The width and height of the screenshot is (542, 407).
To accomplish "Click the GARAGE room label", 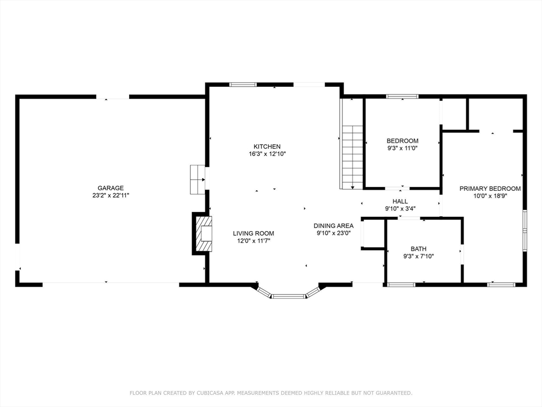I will coord(110,188).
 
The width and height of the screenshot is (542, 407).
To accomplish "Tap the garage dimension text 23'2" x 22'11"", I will coord(110,195).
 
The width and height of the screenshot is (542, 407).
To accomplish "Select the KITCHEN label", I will coord(267,146).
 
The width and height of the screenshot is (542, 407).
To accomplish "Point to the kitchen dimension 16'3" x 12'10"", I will coord(267,154).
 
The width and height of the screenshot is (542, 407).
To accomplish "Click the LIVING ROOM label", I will coord(254,233).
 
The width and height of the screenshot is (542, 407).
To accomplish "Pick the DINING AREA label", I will coord(333,225).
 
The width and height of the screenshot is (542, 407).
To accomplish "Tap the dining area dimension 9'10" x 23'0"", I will coord(333,233).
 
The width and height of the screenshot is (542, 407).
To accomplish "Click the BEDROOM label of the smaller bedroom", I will coord(402,140).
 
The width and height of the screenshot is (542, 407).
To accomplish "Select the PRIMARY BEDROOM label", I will coord(490,188).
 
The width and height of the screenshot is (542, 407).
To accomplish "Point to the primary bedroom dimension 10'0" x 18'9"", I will coord(490,196).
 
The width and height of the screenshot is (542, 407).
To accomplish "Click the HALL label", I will coord(400,201).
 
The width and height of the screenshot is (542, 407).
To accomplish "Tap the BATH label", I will coord(418,249).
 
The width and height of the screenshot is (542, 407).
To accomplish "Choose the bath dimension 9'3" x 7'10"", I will coord(418,256).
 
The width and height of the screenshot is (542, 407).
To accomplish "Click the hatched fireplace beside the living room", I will coord(203,234).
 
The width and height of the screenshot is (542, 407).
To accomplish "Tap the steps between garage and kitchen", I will coord(197,180).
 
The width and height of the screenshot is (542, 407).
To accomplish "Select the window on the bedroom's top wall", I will coord(402,96).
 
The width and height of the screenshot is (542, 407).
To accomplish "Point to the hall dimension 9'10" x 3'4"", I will coord(400,208).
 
